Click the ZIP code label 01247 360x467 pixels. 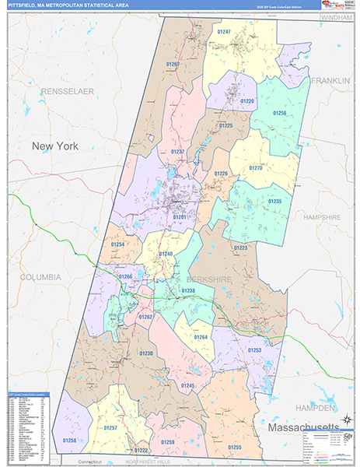[224, 31]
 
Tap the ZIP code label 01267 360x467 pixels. [173, 64]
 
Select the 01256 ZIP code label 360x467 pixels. [279, 113]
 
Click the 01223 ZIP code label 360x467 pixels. [240, 248]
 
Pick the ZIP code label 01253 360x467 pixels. [254, 350]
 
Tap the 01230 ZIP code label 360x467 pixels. [146, 353]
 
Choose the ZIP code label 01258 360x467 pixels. [69, 441]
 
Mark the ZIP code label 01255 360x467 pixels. [235, 447]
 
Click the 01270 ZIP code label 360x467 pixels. [255, 168]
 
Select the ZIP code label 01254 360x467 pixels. [117, 244]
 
